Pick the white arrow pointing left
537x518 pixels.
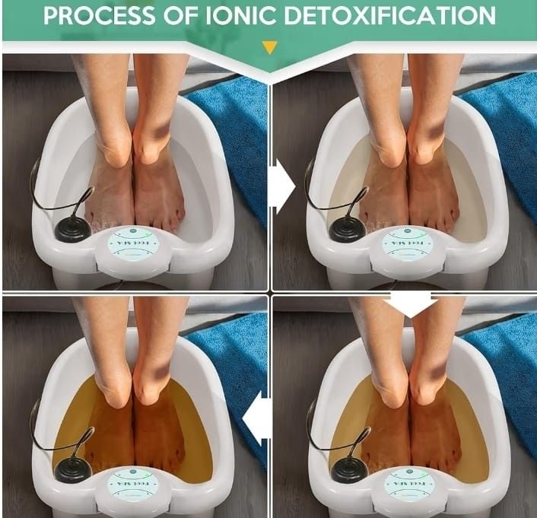(257, 416)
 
